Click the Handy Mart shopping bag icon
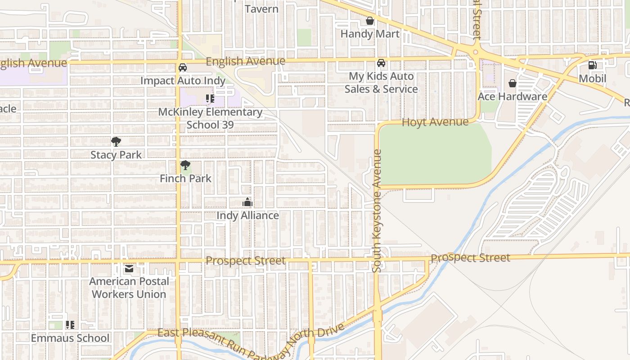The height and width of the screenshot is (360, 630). [369, 21]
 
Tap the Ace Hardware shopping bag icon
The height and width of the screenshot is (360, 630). [512, 83]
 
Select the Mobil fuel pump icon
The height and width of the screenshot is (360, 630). [592, 65]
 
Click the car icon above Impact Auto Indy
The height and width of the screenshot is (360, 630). [182, 67]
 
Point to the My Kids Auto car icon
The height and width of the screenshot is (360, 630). [381, 63]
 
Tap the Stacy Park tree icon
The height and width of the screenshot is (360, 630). [116, 142]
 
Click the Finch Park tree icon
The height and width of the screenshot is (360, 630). [185, 165]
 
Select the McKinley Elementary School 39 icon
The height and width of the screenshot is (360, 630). [210, 98]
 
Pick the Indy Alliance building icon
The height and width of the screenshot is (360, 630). [247, 202]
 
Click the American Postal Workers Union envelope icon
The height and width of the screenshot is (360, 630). [129, 269]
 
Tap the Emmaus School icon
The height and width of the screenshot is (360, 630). [70, 324]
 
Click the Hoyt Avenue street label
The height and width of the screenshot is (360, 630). [435, 122]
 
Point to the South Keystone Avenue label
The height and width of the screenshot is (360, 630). [377, 211]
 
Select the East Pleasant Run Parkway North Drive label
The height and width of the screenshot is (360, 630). [251, 340]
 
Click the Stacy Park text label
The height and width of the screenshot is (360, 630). [116, 155]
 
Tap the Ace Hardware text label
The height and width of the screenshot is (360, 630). [512, 96]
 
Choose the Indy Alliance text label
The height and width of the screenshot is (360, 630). [247, 216]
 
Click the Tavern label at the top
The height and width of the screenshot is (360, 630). [261, 9]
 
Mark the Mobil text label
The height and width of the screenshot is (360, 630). [592, 78]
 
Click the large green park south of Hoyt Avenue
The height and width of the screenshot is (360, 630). [434, 155]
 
